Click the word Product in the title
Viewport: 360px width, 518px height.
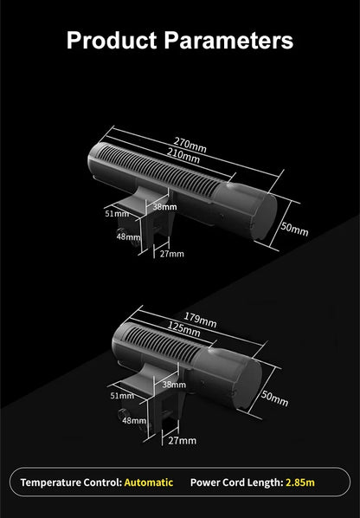click(x=112, y=41)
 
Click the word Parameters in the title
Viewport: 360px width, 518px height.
click(x=228, y=41)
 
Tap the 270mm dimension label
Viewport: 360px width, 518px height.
click(x=190, y=145)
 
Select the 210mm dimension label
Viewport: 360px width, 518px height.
click(x=183, y=156)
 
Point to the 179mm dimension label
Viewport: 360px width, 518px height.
click(x=200, y=320)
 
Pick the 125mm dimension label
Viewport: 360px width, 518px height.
click(x=183, y=329)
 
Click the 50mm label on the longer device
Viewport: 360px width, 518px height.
click(x=294, y=229)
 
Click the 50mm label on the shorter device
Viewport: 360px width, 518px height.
click(x=274, y=398)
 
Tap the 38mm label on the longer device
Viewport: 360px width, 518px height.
click(x=164, y=207)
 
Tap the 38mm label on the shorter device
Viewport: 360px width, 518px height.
click(x=174, y=385)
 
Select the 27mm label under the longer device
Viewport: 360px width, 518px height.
click(x=172, y=254)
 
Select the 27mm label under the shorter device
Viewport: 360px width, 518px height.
click(x=182, y=440)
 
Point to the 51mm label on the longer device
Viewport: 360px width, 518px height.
click(x=117, y=214)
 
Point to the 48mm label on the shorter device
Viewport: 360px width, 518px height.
click(x=134, y=420)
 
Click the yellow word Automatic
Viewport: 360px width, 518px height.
click(x=149, y=482)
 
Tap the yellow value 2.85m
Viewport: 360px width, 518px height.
click(x=300, y=482)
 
